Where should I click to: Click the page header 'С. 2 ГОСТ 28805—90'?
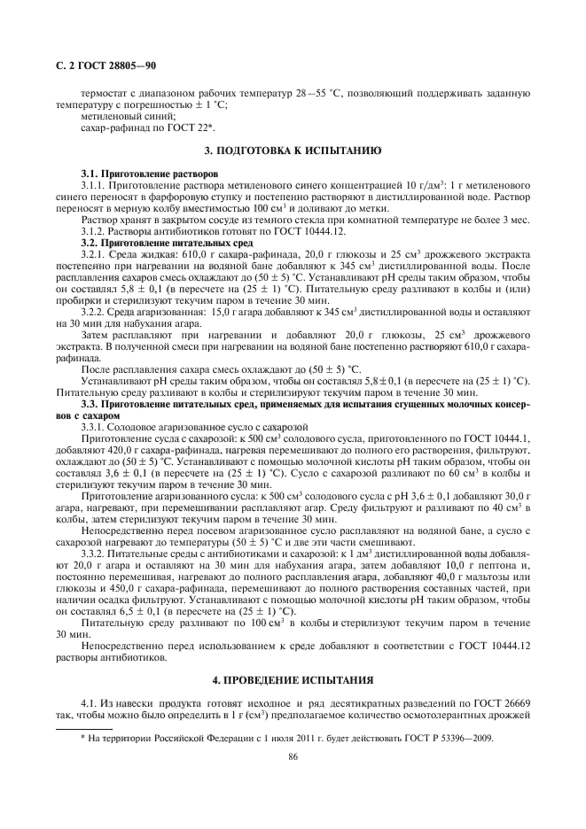pos(100,65)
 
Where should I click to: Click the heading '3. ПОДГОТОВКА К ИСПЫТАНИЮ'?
pos(293,151)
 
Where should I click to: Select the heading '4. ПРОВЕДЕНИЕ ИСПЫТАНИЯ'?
pos(293,679)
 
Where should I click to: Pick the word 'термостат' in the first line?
pos(105,92)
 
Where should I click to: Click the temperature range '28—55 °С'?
pos(316,92)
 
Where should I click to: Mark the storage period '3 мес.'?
pos(514,218)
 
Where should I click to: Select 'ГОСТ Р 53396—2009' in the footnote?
pos(446,737)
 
